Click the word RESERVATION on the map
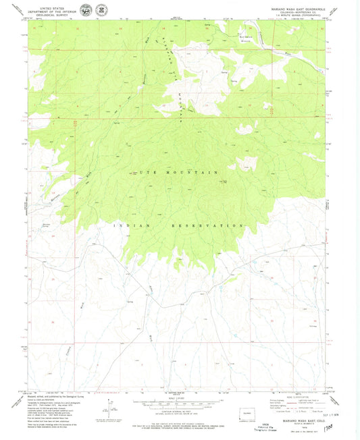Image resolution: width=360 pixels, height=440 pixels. pyautogui.click(x=209, y=225)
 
